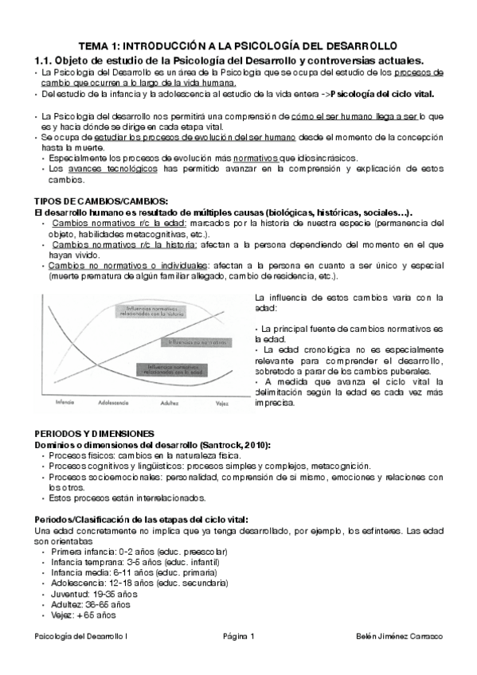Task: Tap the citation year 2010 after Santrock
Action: click(254, 444)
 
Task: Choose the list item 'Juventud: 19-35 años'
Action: click(94, 594)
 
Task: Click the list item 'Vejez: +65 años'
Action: click(83, 615)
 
